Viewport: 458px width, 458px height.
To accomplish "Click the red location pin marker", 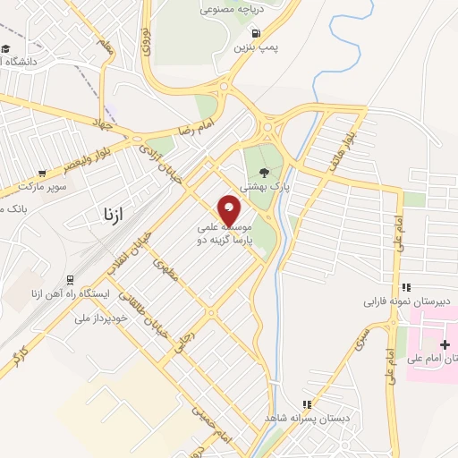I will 230,209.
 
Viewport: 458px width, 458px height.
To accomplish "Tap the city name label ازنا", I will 106,215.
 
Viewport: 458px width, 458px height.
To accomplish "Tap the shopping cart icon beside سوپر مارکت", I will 42,174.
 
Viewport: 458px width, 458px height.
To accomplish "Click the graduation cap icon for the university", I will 5,49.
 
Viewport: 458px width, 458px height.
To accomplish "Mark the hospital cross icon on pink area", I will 445,344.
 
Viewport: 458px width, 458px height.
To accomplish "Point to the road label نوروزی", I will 146,40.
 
